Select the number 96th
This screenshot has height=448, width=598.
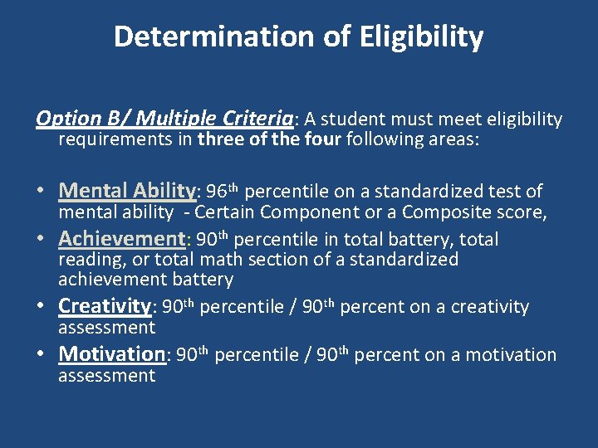(223, 192)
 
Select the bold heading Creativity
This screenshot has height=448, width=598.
(104, 306)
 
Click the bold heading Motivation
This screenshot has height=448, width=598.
(112, 354)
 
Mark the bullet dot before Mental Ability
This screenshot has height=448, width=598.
(42, 192)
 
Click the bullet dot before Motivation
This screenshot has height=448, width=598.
(42, 355)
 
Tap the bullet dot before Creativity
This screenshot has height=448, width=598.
(42, 307)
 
